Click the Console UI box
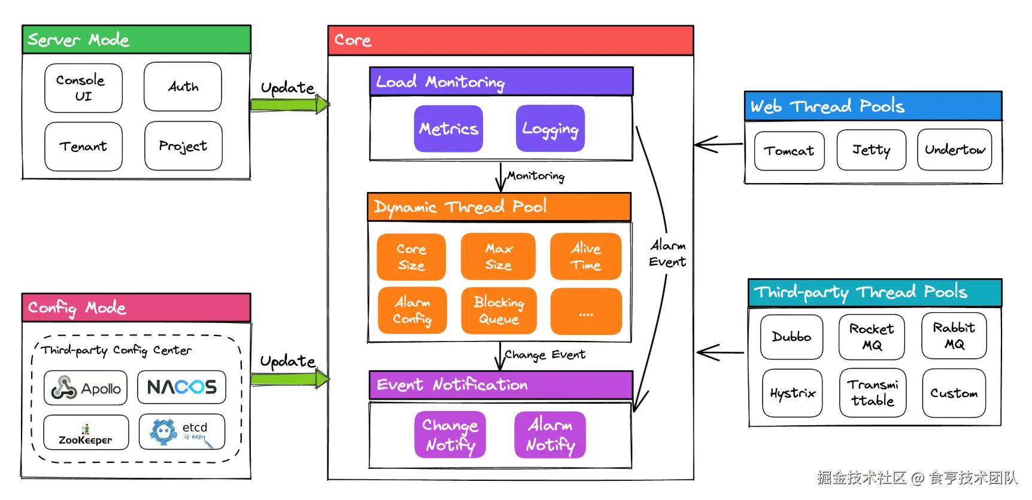tap(83, 88)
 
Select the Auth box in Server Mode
tap(183, 87)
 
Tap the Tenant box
tap(83, 147)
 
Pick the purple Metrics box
tap(448, 129)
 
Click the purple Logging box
tap(550, 129)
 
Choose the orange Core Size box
tap(411, 257)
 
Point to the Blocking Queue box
tap(499, 310)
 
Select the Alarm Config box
tap(412, 310)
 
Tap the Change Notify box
tap(450, 435)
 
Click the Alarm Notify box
tap(550, 435)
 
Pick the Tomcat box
tap(789, 151)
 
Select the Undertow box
tap(954, 150)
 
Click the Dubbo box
tap(791, 337)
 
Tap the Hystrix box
tap(793, 393)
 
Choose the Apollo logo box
tap(86, 388)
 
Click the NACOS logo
tap(182, 387)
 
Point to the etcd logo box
tap(182, 431)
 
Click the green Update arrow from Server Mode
tap(290, 105)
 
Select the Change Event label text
tap(544, 355)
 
